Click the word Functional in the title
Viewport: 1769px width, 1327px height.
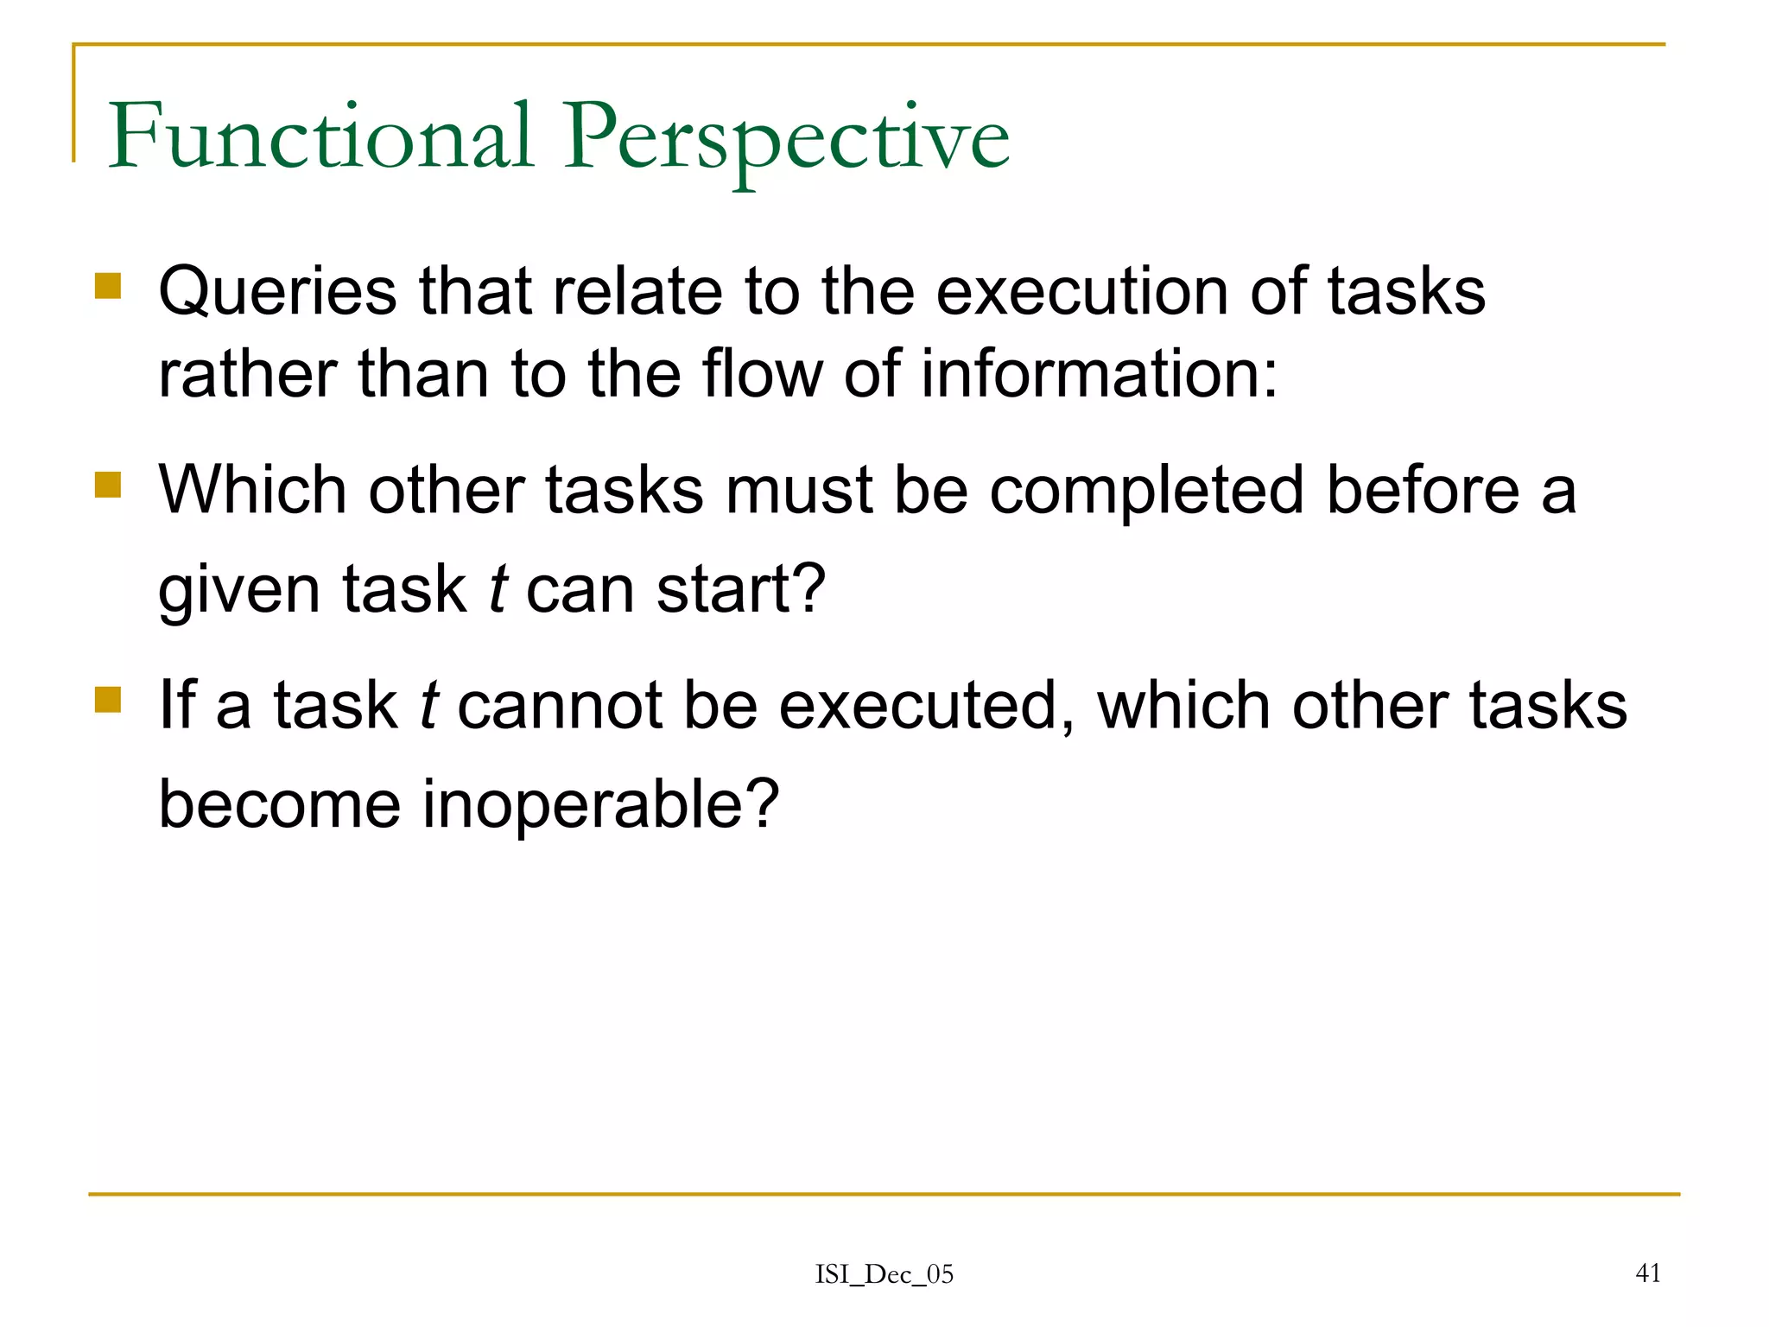pos(320,137)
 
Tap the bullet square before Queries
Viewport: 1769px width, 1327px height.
pos(108,286)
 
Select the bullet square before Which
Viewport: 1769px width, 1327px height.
pos(108,485)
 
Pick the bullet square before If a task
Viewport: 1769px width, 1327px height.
pos(108,699)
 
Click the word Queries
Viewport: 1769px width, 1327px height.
pos(277,292)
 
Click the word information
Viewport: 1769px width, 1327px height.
pos(1098,374)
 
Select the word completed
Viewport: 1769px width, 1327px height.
pos(1146,491)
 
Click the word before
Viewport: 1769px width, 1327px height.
pos(1423,491)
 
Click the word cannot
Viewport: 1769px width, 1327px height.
pos(559,706)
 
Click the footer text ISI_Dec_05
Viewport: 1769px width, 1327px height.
pos(884,1274)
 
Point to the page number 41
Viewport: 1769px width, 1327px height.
pos(1648,1273)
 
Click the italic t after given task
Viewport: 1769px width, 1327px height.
pos(497,590)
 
